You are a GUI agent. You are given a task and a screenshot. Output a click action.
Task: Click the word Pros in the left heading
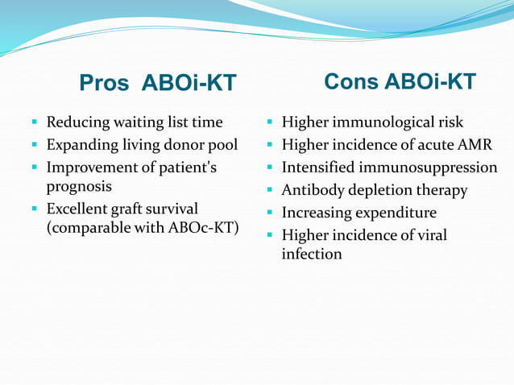106,83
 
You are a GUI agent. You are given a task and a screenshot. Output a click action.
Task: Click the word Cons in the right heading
351,81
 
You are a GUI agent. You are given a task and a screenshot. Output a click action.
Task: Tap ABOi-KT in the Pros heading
189,83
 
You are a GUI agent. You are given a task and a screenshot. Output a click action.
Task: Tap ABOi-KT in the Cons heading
430,81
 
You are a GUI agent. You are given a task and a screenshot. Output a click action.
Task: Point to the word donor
183,145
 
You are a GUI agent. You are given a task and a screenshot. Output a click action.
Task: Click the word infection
311,254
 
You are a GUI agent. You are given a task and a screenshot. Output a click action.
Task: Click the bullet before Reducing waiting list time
35,122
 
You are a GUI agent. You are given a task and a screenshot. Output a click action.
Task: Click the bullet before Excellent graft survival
35,209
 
